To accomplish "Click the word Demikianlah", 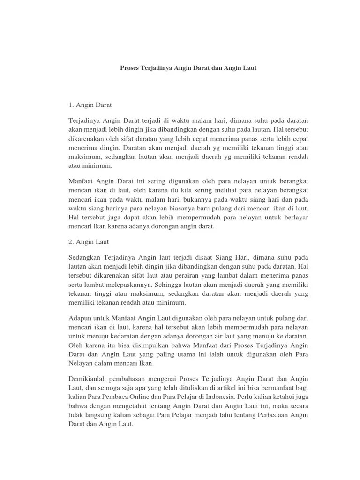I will pos(89,378).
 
